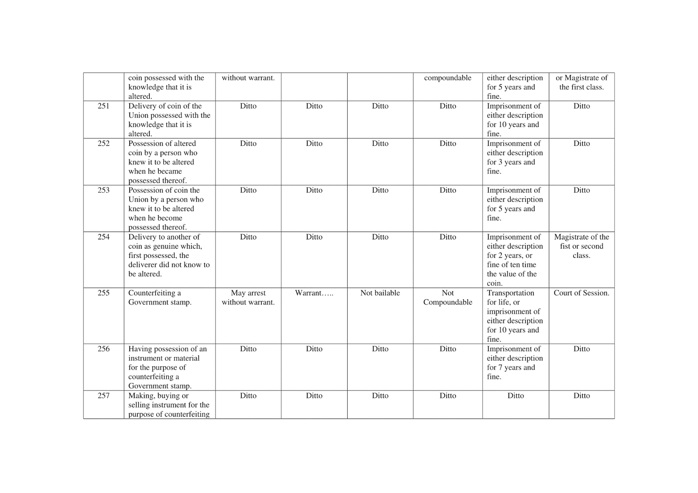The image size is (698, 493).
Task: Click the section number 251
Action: [x=103, y=106]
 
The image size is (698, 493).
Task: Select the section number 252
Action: [x=103, y=144]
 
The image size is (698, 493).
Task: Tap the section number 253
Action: [x=103, y=190]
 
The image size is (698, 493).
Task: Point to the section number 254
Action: [x=103, y=237]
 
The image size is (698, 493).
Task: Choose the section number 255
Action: [x=103, y=293]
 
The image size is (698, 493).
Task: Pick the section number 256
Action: [x=103, y=349]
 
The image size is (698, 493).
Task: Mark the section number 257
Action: [x=103, y=396]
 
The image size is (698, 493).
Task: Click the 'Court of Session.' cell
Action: [x=582, y=293]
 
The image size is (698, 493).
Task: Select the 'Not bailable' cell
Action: [x=380, y=293]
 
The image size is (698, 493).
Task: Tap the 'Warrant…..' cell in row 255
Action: [x=314, y=293]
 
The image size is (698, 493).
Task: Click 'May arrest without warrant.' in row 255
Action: [x=248, y=298]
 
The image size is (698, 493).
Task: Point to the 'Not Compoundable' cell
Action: [x=448, y=298]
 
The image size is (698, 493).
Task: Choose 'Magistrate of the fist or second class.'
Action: [x=582, y=246]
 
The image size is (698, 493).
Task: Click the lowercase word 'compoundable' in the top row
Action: [x=448, y=78]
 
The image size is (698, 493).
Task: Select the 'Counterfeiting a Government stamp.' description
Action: [x=160, y=298]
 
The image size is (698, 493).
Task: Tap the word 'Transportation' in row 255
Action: [x=510, y=293]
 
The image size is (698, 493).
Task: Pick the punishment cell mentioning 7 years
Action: [x=515, y=363]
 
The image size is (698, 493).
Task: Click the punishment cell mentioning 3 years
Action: [x=515, y=157]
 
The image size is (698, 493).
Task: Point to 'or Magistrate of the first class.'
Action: [x=582, y=82]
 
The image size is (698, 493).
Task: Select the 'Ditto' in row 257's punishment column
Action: [x=516, y=396]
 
